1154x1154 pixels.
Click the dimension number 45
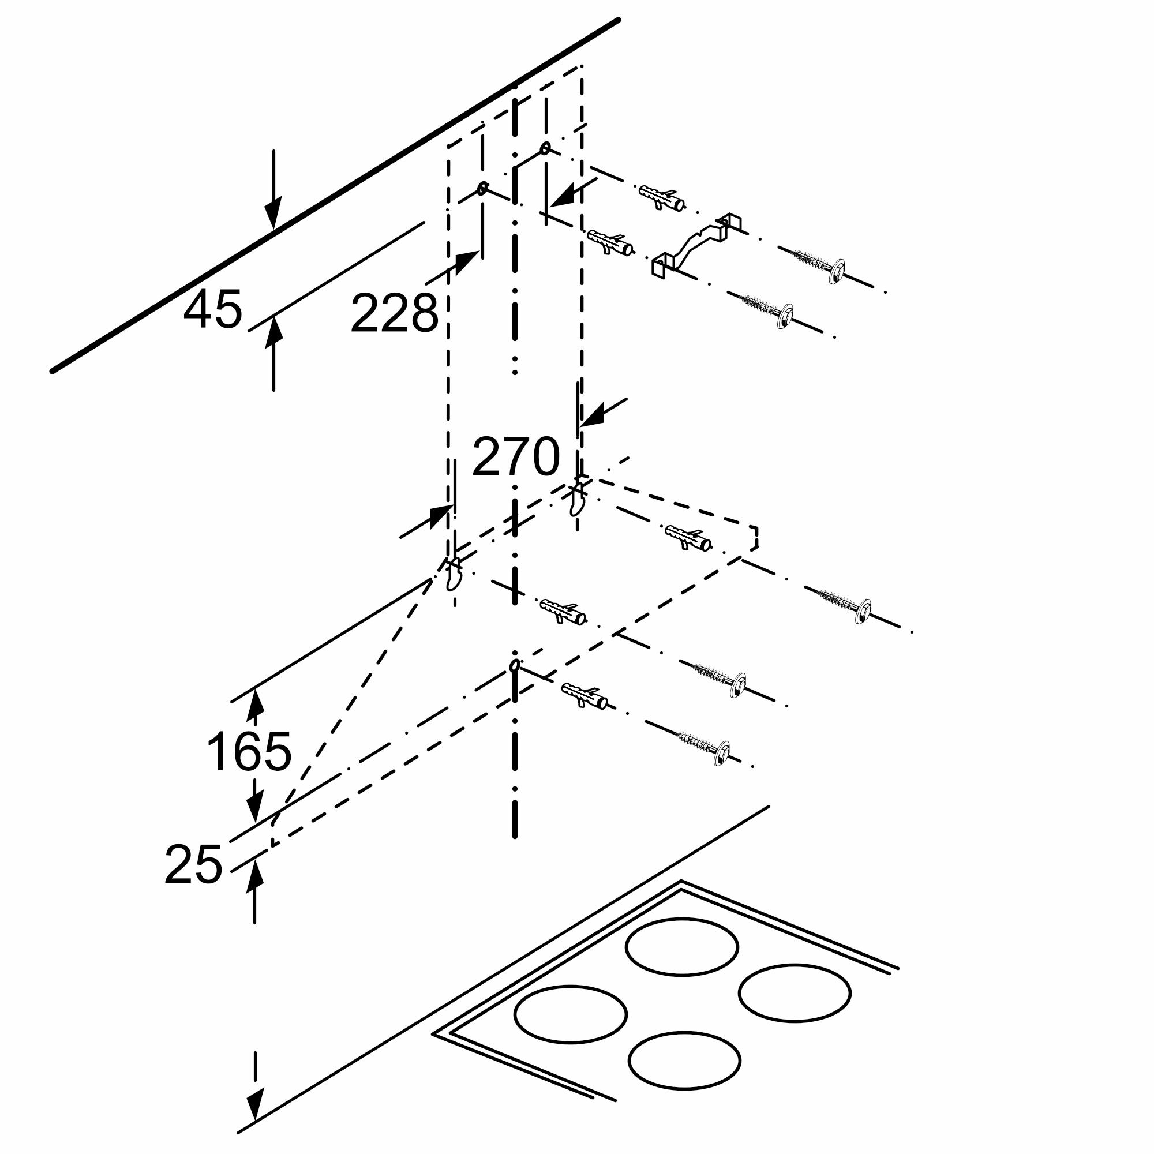click(213, 309)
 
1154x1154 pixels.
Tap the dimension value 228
click(395, 313)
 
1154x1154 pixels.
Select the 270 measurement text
click(516, 457)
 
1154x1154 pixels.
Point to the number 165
click(249, 751)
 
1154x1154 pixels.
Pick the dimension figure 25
click(193, 864)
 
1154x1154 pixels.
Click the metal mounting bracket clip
click(696, 245)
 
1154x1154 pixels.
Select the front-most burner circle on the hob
click(684, 1059)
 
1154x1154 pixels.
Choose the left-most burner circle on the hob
click(570, 1014)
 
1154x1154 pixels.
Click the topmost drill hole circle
click(545, 148)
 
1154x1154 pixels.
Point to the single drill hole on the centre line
click(514, 665)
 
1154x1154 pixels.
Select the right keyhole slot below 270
click(577, 497)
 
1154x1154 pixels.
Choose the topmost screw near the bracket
click(819, 265)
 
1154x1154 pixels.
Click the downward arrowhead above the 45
click(273, 214)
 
